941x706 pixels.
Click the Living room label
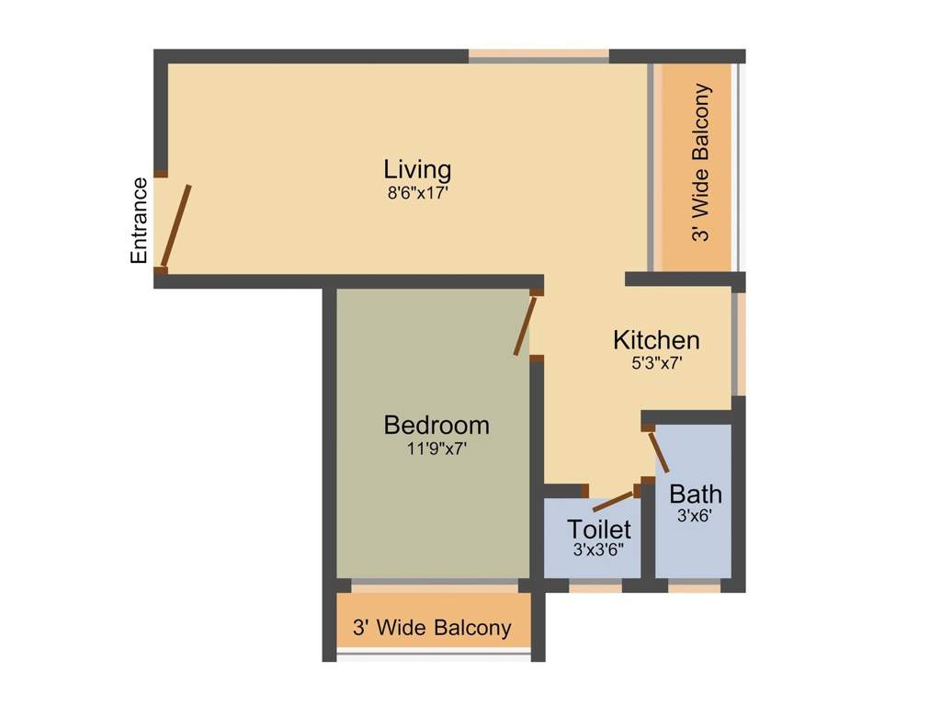[417, 170]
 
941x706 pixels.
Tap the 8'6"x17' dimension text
[418, 193]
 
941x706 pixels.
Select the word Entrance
[139, 221]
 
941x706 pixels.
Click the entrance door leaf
[176, 226]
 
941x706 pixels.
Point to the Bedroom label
[436, 425]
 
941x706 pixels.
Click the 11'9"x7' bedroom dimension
[436, 449]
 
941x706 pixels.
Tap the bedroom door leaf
[525, 325]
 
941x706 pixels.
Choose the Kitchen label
[656, 340]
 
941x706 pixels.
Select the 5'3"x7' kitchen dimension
[656, 363]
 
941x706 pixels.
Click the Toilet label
[598, 529]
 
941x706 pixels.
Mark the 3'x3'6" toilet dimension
[598, 550]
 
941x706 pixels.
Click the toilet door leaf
[615, 501]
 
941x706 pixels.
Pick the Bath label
[695, 494]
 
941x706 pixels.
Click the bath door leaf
[658, 451]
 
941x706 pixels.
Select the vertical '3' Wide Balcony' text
[700, 163]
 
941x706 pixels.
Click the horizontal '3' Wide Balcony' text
[432, 628]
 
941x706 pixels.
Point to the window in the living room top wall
[539, 56]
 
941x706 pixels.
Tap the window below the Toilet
[595, 586]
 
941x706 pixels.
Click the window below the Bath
[695, 586]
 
